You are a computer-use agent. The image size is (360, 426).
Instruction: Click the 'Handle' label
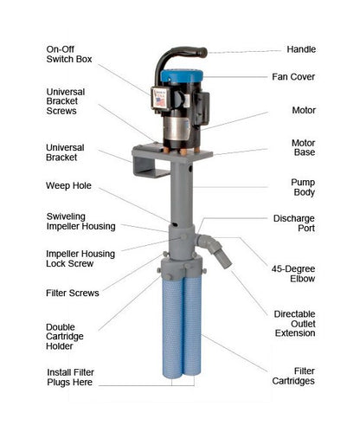click(x=301, y=49)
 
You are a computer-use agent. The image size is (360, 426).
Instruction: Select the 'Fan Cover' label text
click(x=293, y=77)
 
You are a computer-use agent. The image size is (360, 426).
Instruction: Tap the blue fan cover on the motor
click(x=182, y=76)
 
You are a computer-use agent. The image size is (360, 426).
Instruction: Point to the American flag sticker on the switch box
click(x=160, y=101)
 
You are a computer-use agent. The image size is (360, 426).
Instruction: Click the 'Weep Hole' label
click(x=68, y=185)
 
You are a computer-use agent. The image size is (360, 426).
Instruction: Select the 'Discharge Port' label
click(x=294, y=223)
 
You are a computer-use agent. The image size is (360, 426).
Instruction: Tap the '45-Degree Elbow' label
click(x=293, y=274)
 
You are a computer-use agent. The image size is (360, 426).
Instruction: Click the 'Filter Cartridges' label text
click(x=293, y=376)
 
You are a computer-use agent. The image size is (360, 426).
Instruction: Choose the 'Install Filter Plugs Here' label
click(x=70, y=378)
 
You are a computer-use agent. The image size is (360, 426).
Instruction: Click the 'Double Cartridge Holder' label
click(x=65, y=337)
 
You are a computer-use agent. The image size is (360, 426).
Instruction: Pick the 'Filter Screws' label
click(x=73, y=293)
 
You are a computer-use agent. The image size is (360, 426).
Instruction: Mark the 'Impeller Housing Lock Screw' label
click(x=80, y=259)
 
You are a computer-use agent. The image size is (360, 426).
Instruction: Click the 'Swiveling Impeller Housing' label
click(x=80, y=222)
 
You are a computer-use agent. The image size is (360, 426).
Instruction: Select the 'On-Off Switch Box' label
click(x=69, y=55)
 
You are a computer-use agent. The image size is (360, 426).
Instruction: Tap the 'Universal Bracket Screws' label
click(x=66, y=101)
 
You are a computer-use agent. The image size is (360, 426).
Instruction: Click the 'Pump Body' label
click(x=303, y=187)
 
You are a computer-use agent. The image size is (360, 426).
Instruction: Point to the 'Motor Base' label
click(x=303, y=147)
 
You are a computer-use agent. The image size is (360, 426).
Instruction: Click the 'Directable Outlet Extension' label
click(x=294, y=324)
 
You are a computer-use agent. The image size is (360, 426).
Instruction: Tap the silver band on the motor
click(x=177, y=128)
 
